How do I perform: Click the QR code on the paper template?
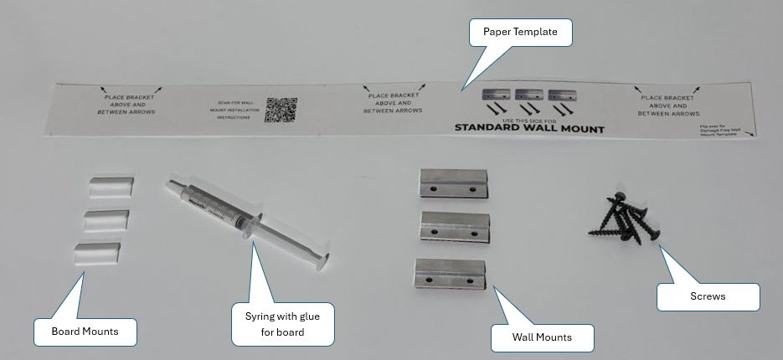pos(281,110)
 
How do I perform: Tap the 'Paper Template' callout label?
pos(520,33)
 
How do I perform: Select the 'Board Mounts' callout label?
pos(85,332)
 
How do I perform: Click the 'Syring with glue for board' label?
pos(282,324)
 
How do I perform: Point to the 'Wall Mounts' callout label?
pos(542,337)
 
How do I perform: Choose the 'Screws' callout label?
pos(708,296)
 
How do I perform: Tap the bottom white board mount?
pos(96,255)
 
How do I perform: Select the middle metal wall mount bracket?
pos(453,227)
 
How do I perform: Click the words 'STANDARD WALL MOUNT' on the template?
pos(528,129)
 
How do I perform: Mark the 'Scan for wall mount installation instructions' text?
pos(234,111)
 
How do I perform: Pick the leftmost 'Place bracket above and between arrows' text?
pos(126,104)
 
